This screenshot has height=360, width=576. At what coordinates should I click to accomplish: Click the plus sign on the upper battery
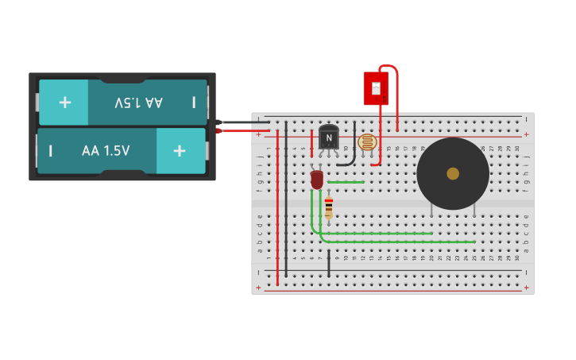[64, 102]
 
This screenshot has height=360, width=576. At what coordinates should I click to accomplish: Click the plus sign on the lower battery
[180, 151]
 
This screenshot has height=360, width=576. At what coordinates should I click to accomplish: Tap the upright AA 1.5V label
[106, 151]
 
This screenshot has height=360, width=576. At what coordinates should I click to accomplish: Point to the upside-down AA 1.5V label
[138, 103]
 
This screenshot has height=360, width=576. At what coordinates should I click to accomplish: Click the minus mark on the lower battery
[51, 151]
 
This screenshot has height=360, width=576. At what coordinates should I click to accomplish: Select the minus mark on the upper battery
[193, 102]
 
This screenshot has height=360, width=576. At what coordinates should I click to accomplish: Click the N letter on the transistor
[328, 138]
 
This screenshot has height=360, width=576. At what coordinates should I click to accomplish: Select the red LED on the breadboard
[317, 180]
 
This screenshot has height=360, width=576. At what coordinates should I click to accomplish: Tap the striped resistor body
[328, 207]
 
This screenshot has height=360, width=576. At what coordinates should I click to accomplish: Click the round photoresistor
[366, 142]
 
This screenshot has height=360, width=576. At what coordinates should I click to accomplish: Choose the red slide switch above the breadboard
[376, 88]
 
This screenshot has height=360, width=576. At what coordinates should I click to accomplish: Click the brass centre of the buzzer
[453, 173]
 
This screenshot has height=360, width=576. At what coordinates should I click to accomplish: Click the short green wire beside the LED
[346, 182]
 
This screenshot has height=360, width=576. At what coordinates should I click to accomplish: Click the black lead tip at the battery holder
[220, 122]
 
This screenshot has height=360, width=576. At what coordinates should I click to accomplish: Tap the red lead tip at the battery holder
[220, 130]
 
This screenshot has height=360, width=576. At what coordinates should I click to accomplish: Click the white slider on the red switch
[376, 87]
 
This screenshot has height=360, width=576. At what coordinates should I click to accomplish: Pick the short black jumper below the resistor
[328, 264]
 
